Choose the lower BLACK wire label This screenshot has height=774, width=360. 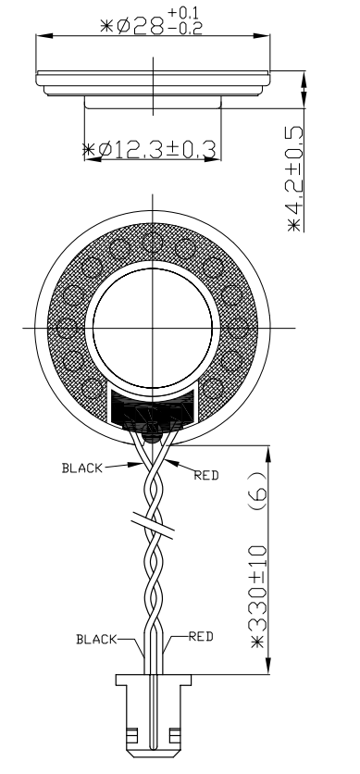coord(96,638)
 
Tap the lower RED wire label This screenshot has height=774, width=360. coord(201,636)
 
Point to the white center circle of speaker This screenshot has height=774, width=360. coord(152,329)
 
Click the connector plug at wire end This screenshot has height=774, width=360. coord(152,718)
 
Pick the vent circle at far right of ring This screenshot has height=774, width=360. coord(237,329)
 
